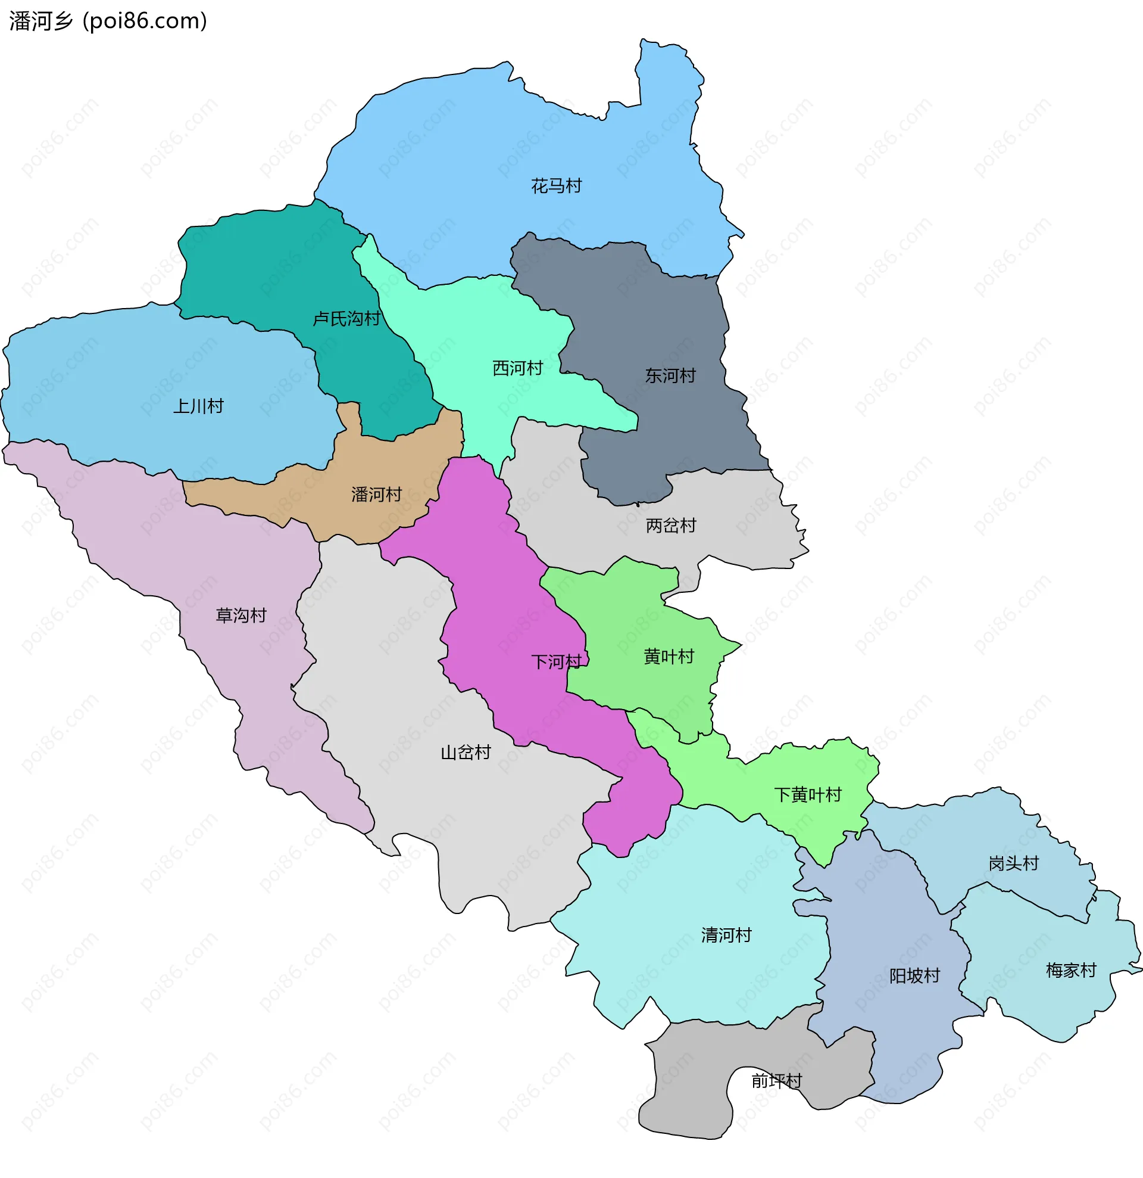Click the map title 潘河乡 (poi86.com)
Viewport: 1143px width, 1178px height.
coord(108,21)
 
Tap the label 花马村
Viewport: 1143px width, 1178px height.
coord(556,187)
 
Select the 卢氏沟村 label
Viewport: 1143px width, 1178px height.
coord(346,319)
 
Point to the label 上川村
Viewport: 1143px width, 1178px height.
coord(198,407)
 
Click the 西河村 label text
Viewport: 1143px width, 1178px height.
coord(518,368)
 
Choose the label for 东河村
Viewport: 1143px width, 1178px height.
coord(670,376)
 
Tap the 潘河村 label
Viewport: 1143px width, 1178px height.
coord(377,495)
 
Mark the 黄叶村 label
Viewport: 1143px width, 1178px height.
coord(669,657)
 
